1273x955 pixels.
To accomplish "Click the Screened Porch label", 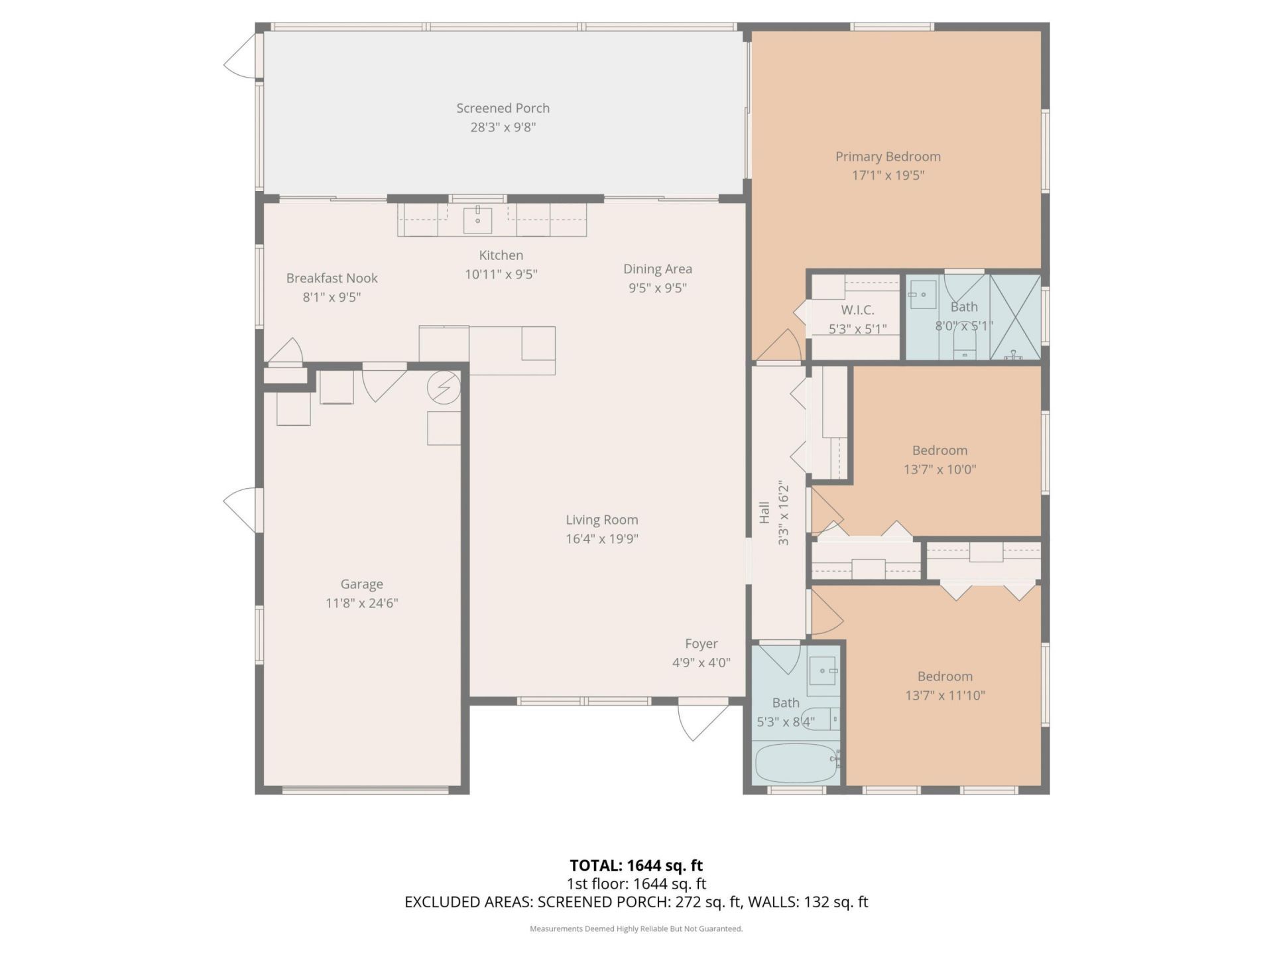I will pyautogui.click(x=503, y=108).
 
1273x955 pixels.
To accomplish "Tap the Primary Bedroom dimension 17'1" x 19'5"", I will pyautogui.click(x=888, y=175).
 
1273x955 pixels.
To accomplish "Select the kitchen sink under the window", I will pyautogui.click(x=477, y=220).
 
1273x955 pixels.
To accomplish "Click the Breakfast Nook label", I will pyautogui.click(x=332, y=278).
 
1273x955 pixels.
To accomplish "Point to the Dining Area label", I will pyautogui.click(x=657, y=269).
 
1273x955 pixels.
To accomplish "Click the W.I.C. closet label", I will pyautogui.click(x=857, y=310).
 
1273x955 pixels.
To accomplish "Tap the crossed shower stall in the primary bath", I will pyautogui.click(x=1014, y=317).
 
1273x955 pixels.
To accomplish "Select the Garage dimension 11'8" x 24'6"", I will pyautogui.click(x=361, y=603).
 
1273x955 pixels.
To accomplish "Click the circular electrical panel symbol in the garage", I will pyautogui.click(x=444, y=387).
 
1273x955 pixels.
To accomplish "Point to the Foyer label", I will pyautogui.click(x=701, y=643).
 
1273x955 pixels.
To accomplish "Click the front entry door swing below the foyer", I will pyautogui.click(x=701, y=720).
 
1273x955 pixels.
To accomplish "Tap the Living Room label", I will pyautogui.click(x=601, y=520).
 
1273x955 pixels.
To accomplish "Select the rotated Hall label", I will pyautogui.click(x=764, y=512).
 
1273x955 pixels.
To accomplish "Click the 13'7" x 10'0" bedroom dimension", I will pyautogui.click(x=940, y=470).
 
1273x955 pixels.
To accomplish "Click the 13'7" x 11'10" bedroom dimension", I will pyautogui.click(x=945, y=696).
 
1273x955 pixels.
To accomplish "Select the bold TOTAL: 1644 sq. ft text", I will pyautogui.click(x=636, y=865).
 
